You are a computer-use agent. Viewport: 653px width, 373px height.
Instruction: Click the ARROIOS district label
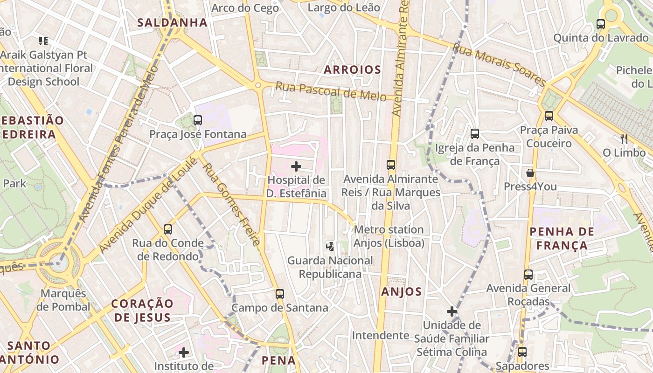tap(353, 70)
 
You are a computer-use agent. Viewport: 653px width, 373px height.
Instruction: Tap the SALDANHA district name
tap(172, 22)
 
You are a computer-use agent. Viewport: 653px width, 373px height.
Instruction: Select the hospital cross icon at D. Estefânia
tap(296, 166)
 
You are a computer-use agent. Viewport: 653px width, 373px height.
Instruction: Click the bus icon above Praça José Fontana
tap(198, 120)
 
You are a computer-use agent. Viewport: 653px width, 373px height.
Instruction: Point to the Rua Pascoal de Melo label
tap(331, 91)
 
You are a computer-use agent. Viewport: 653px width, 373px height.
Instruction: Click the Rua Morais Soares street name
tap(499, 64)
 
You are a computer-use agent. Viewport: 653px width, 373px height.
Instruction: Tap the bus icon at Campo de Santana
tap(280, 294)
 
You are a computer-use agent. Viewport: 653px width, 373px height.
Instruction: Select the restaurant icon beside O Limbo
tap(624, 138)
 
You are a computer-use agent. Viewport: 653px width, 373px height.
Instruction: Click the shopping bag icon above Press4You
tap(530, 173)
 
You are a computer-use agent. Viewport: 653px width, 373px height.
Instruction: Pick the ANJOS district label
tap(402, 292)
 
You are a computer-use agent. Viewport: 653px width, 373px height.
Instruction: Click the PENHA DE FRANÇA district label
tap(562, 238)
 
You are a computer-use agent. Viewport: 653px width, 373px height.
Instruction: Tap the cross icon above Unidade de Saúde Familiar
tap(452, 311)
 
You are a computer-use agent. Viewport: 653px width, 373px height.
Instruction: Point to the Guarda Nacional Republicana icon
tap(330, 246)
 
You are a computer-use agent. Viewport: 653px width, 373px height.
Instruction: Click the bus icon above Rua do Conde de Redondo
tap(168, 229)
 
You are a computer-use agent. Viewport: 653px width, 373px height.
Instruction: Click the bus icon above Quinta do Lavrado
tap(601, 24)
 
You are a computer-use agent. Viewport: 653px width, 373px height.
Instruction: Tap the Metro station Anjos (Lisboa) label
tap(389, 236)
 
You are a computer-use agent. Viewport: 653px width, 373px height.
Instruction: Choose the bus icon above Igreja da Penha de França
tap(475, 134)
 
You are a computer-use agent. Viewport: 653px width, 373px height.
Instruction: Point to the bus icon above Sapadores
tap(522, 352)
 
